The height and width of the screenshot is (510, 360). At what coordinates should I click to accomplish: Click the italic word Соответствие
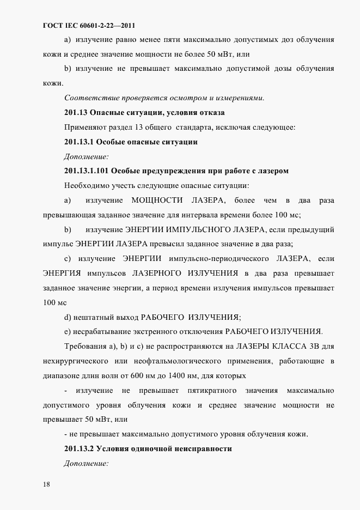89,98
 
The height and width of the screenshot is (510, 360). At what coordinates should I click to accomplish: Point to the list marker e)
68,332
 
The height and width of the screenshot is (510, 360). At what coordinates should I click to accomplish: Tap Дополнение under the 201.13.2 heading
86,463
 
